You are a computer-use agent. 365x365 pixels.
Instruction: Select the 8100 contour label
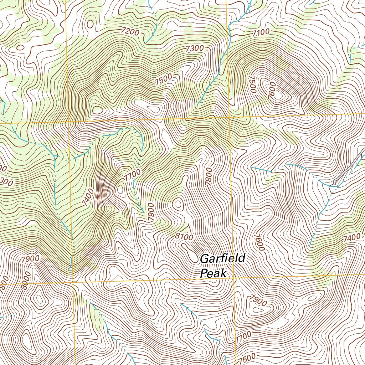(x=184, y=236)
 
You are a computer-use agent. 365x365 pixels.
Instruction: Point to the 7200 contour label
(x=130, y=32)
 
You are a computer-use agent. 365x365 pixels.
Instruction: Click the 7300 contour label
(x=194, y=48)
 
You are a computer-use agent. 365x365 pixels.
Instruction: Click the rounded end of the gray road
(x=335, y=182)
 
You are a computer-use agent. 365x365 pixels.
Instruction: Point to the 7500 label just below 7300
(x=164, y=79)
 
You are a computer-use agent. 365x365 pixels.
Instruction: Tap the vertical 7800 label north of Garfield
(x=209, y=176)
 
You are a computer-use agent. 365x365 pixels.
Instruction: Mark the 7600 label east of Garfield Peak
(x=259, y=242)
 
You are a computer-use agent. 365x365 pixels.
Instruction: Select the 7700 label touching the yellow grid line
(x=244, y=336)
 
